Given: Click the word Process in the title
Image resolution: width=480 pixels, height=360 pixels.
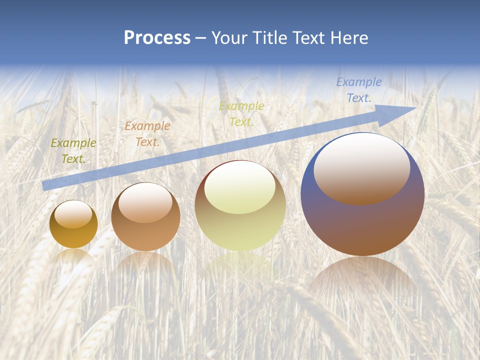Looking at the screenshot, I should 157,38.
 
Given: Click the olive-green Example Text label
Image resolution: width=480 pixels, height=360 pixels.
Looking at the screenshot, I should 73,150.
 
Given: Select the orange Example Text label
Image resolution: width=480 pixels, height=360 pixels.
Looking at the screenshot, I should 147,134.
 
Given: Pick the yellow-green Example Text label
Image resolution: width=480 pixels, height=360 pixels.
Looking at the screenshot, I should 241,114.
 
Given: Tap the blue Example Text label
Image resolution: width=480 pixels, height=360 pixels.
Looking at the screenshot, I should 358,90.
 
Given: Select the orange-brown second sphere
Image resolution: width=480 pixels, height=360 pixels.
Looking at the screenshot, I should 145,235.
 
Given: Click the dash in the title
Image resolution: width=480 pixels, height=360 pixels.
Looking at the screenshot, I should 201,38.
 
